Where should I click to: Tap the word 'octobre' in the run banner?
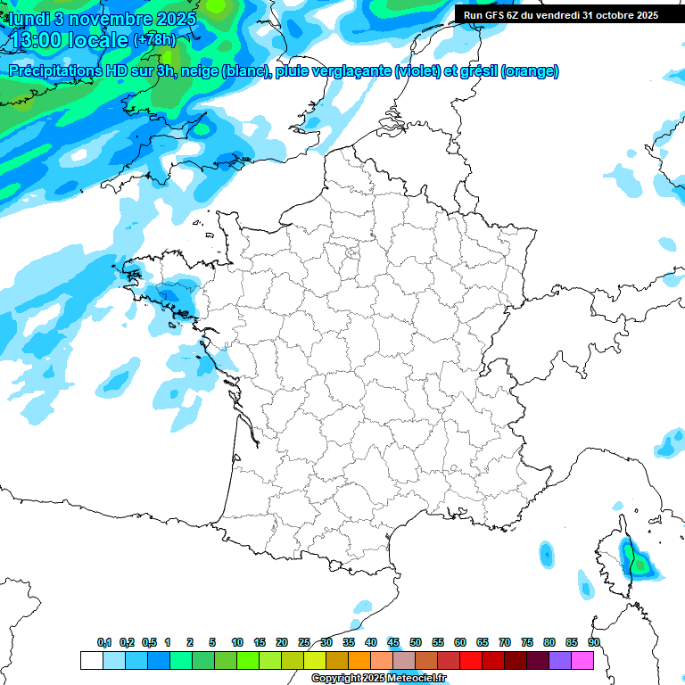pos(609,14)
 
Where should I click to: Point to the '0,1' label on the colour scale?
pos(104,642)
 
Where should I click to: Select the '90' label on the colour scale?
pos(594,642)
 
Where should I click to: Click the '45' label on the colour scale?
pos(393,642)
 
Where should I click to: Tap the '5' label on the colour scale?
pos(212,642)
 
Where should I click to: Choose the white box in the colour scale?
pos(91,660)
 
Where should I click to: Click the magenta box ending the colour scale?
pos(582,660)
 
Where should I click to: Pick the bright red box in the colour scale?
pos(471,660)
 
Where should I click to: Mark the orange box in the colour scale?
pos(359,660)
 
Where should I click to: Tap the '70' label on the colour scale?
pos(505,642)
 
